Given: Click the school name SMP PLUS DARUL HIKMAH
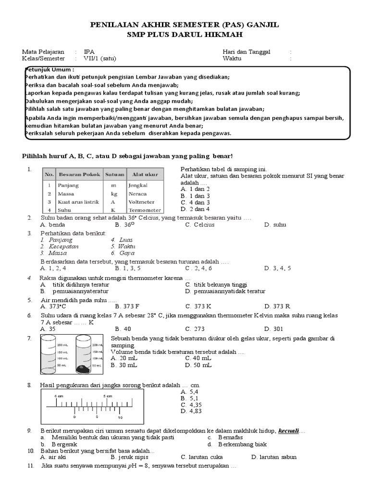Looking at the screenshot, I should [184, 35].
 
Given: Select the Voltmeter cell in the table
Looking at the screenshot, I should [141, 202].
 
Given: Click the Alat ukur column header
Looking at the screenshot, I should [143, 175].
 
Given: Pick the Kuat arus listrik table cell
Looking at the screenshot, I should [79, 202].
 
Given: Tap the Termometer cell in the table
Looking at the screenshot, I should [145, 210].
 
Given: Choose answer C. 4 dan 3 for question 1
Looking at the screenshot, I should [195, 202].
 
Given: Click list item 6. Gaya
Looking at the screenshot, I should [123, 253].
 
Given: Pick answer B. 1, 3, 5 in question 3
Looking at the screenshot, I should [128, 268].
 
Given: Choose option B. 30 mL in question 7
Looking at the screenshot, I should [123, 365].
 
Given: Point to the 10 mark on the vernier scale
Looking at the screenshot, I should [120, 418].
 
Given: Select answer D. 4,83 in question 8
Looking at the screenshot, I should [191, 411].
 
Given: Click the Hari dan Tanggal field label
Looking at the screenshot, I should [246, 51].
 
